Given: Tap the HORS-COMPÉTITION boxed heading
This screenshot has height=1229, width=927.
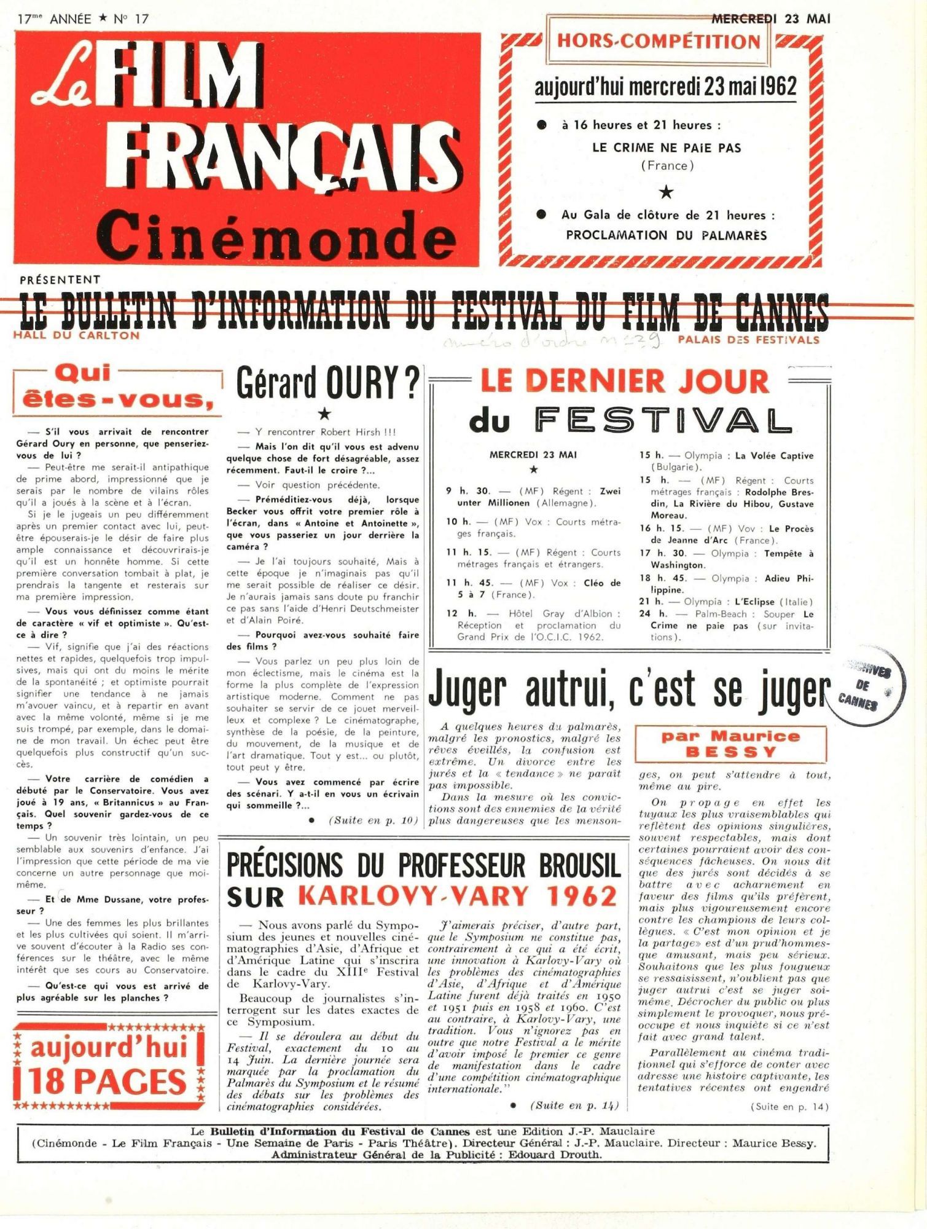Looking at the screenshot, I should point(659,41).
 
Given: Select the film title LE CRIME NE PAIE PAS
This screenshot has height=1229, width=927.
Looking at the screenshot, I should point(667,148).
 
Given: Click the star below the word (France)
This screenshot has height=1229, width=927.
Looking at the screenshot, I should point(666,193).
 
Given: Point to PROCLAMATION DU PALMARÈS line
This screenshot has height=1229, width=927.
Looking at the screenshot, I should point(667,235).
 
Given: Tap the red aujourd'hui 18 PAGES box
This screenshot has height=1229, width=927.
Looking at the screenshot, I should point(108,1066).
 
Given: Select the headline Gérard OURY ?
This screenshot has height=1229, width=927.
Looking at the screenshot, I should point(327,382).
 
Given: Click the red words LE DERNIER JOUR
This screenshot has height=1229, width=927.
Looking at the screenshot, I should point(625,381).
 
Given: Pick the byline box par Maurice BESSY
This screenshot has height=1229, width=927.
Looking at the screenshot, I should point(730,744).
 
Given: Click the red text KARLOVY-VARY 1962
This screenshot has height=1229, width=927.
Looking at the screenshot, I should point(458,896).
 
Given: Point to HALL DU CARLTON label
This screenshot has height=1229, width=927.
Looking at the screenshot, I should point(76,336).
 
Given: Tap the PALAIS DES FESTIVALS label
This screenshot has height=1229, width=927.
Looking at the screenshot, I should point(748,340).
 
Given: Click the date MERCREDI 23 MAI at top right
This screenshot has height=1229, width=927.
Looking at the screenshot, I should point(770,18).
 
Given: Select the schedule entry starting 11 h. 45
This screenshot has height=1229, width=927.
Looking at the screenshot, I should point(533,589).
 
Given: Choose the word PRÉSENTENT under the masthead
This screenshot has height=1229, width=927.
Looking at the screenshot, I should point(60,280).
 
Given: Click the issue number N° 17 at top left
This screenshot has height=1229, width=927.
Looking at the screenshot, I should point(131,18).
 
